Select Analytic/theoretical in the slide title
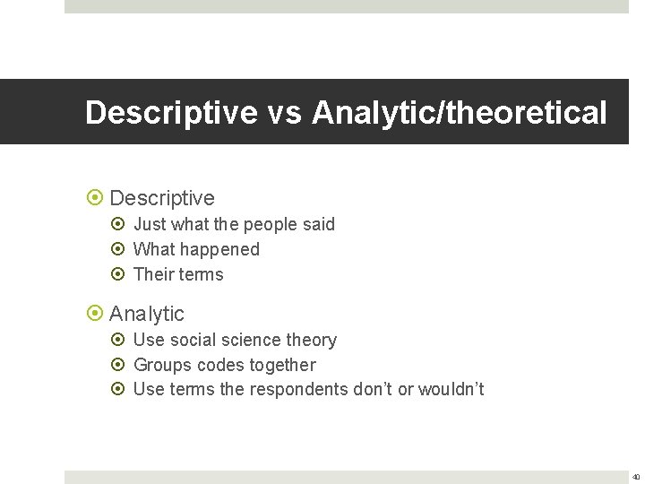pos(460,114)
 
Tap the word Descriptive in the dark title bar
pos(170,114)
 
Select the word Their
pos(154,274)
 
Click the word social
pos(196,340)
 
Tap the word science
pos(252,340)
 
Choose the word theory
pos(311,340)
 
